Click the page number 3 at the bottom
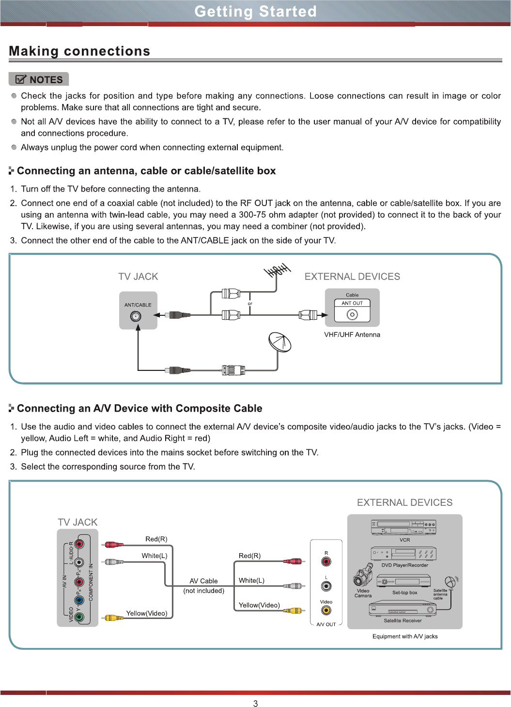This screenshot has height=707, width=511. coord(256,703)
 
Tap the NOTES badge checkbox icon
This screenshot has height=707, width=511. coord(21,79)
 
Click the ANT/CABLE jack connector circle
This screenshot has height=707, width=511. coord(136,316)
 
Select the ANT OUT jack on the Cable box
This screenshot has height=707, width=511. coord(352,314)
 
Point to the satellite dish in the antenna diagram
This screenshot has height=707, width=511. coord(280,342)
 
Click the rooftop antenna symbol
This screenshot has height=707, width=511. coord(278,270)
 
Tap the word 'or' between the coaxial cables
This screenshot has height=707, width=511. coord(250,304)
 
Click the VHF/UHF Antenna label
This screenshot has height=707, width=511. coord(352,335)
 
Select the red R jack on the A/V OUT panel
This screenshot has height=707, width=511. coord(326,561)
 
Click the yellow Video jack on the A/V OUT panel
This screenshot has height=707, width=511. coord(326,610)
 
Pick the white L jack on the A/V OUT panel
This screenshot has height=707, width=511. coord(326,586)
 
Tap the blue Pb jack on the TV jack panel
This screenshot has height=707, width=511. coord(79,600)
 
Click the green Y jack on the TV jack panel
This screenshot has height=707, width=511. coord(79,617)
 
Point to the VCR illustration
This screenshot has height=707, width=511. coord(403,528)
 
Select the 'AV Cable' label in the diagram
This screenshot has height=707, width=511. coord(203,581)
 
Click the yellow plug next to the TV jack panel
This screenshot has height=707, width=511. coord(114,618)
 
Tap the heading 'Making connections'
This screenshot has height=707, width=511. coord(79,51)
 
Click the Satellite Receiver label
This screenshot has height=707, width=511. coord(403,620)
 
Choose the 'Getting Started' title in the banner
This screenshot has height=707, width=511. coord(256,11)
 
